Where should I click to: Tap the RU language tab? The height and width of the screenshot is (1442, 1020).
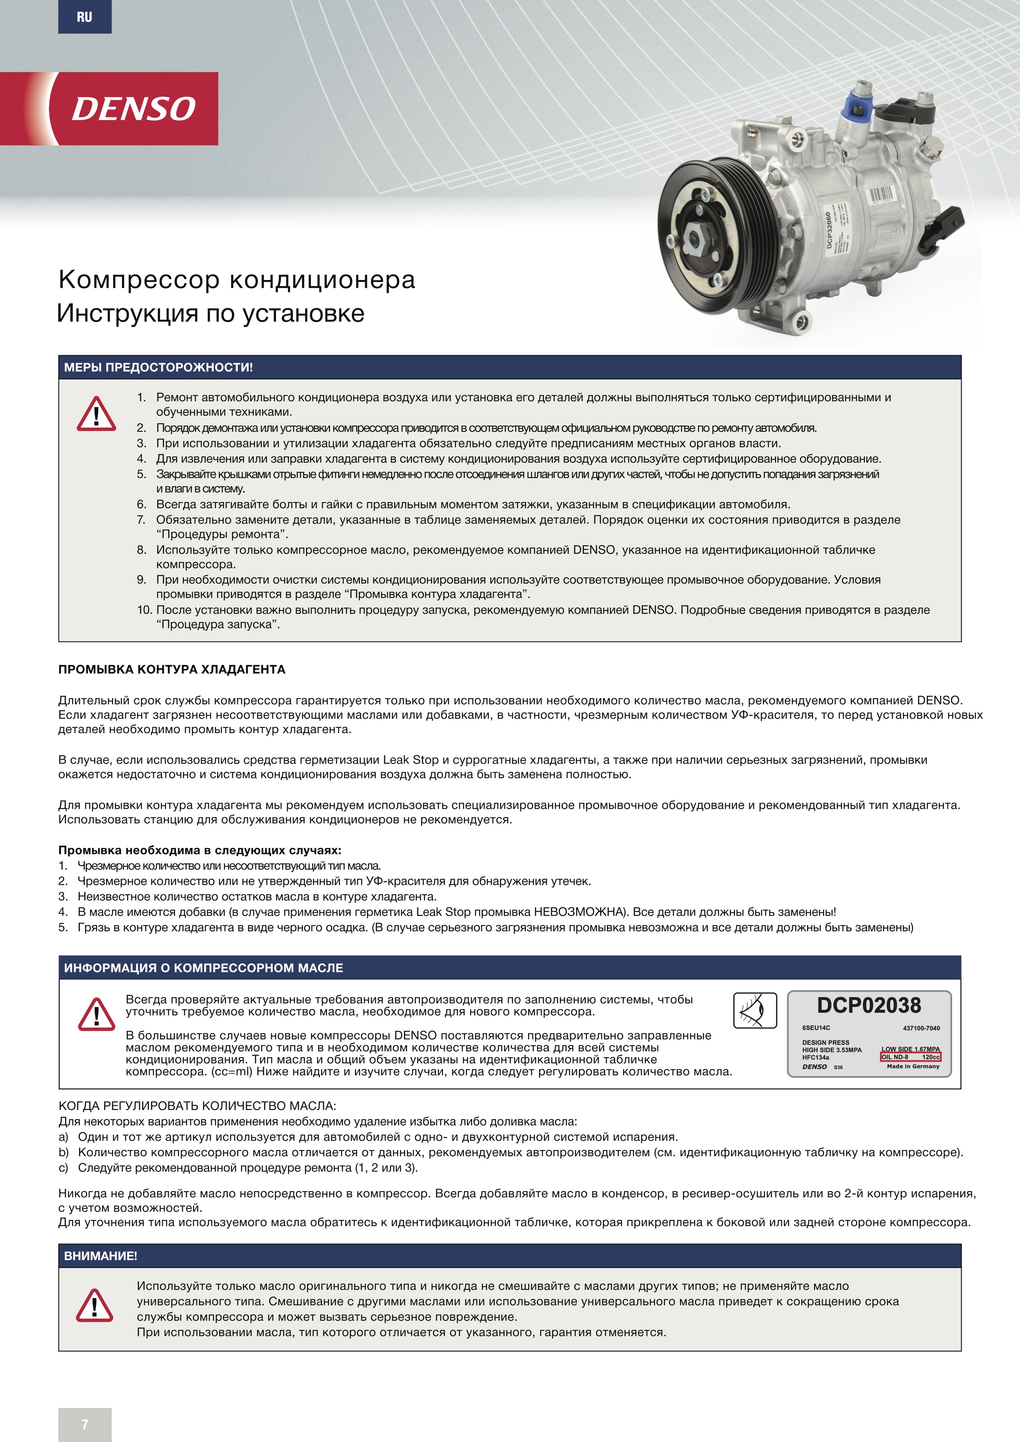pos(85,17)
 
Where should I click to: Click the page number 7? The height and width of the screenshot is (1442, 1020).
pos(85,1424)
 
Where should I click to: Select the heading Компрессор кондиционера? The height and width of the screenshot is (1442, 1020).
pos(237,280)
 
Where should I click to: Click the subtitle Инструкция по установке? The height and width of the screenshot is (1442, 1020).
pos(211,313)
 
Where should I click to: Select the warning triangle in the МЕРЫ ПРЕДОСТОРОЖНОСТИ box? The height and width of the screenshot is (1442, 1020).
pos(96,414)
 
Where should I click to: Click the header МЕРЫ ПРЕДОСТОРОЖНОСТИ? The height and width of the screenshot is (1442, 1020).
pos(158,368)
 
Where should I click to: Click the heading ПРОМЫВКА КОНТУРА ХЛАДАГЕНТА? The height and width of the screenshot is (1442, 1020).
pos(172,669)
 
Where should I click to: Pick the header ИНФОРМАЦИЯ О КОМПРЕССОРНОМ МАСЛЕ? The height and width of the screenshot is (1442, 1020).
pos(204,968)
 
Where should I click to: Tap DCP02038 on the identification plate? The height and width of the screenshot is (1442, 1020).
pos(869,1005)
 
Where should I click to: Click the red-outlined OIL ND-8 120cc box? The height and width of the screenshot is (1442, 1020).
pos(910,1057)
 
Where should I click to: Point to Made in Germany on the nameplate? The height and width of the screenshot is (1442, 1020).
pos(913,1067)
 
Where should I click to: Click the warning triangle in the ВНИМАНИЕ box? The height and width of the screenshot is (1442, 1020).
pos(95,1306)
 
